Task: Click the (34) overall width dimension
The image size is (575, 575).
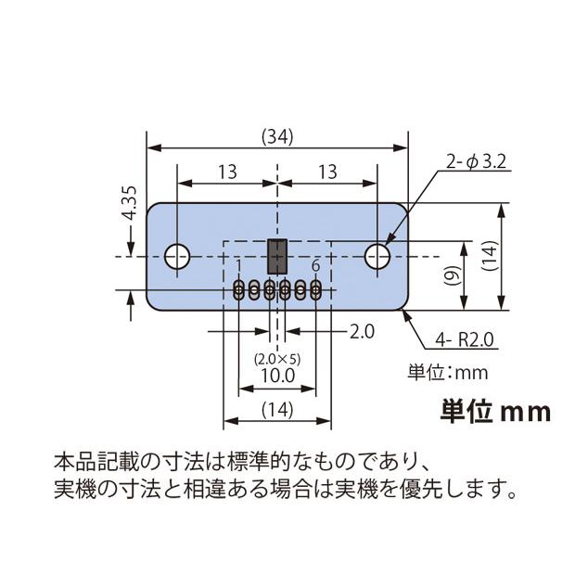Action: (277, 136)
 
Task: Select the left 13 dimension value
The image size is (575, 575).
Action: (225, 172)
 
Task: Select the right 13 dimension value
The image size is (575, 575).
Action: (327, 172)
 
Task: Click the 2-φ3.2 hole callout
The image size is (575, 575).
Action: (474, 162)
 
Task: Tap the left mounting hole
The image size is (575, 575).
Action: (177, 255)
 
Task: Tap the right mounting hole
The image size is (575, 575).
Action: (377, 255)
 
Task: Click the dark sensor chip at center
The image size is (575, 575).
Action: (276, 254)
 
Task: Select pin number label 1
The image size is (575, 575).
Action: (239, 267)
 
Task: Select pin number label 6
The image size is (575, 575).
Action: (316, 267)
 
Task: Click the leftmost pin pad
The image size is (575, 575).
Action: (239, 290)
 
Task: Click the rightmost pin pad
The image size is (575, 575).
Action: (316, 290)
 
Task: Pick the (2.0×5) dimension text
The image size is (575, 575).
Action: (277, 357)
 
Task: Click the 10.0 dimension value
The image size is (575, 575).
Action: (277, 376)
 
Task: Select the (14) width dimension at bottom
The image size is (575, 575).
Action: (277, 409)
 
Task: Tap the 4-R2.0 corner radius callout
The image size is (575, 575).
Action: (465, 340)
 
